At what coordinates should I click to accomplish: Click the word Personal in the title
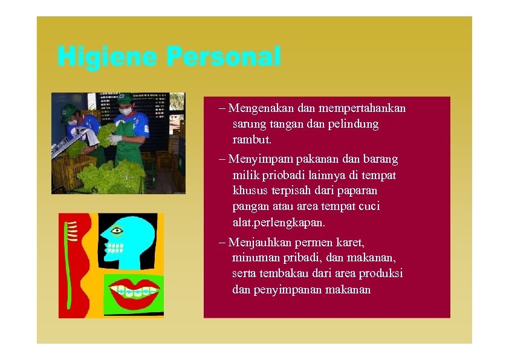pyautogui.click(x=224, y=57)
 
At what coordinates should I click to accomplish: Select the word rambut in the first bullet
pyautogui.click(x=251, y=140)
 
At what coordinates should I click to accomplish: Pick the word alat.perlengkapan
pyautogui.click(x=282, y=222)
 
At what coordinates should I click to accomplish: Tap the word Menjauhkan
pyautogui.click(x=260, y=243)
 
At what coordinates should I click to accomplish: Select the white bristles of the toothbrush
pyautogui.click(x=71, y=231)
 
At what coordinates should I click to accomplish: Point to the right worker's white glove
pyautogui.click(x=115, y=139)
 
